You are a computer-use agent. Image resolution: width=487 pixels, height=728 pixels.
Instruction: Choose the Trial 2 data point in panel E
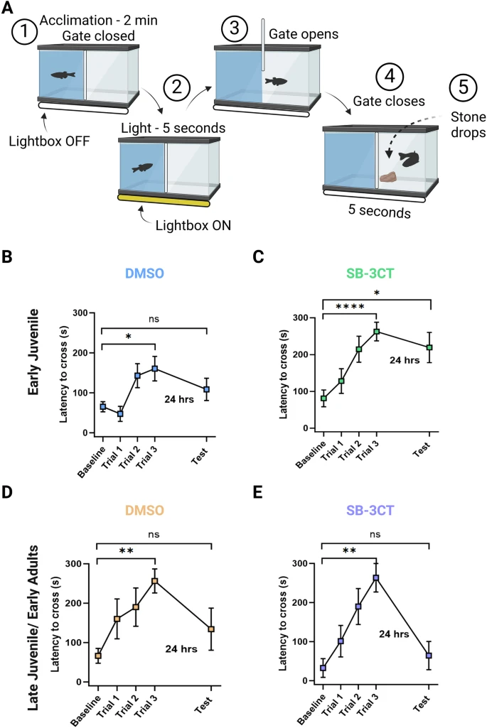(358, 607)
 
